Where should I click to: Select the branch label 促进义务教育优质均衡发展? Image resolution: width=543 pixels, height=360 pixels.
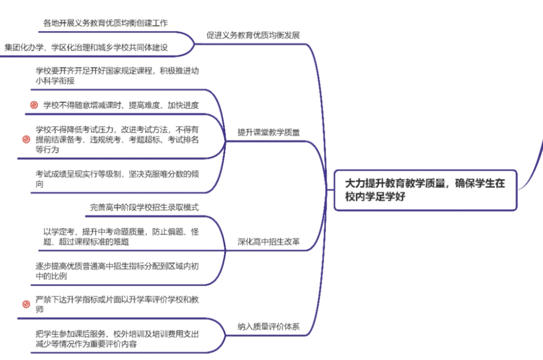pyautogui.click(x=253, y=35)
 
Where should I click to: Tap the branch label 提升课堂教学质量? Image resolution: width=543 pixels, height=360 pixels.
pyautogui.click(x=268, y=133)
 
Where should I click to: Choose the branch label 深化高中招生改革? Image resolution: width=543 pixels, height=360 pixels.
pyautogui.click(x=268, y=242)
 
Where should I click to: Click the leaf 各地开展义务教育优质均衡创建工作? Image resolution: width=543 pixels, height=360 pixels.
pyautogui.click(x=105, y=23)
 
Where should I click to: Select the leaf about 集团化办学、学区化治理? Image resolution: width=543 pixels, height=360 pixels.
pyautogui.click(x=86, y=47)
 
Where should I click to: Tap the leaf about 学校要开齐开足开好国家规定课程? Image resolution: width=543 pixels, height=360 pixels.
pyautogui.click(x=117, y=75)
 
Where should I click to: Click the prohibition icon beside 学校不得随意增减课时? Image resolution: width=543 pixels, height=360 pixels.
pyautogui.click(x=34, y=105)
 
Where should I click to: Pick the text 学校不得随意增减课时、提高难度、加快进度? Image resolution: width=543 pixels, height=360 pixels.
pyautogui.click(x=121, y=105)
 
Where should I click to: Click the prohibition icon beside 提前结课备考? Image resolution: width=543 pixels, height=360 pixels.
pyautogui.click(x=27, y=139)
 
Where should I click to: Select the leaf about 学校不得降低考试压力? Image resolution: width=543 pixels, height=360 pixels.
pyautogui.click(x=117, y=139)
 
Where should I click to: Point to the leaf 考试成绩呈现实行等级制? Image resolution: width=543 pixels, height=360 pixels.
pyautogui.click(x=117, y=178)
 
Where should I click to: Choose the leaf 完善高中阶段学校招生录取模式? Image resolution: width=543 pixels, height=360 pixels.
pyautogui.click(x=145, y=207)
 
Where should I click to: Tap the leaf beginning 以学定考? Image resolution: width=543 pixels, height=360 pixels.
pyautogui.click(x=121, y=236)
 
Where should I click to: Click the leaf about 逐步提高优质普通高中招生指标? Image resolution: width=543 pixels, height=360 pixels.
pyautogui.click(x=117, y=271)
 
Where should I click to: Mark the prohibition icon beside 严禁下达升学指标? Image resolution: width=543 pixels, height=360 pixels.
pyautogui.click(x=27, y=304)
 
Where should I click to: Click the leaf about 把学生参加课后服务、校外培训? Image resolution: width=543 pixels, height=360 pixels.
pyautogui.click(x=117, y=339)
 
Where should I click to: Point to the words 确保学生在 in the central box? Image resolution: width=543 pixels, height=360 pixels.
pyautogui.click(x=480, y=184)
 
